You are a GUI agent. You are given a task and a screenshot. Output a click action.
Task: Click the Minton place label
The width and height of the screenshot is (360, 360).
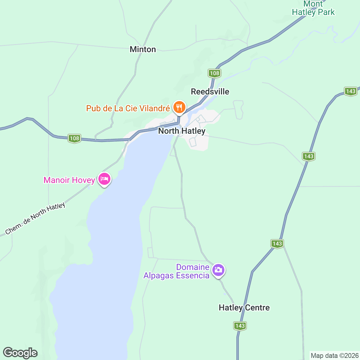coord(143,49)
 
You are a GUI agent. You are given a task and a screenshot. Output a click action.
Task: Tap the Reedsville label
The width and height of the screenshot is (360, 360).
coord(210,91)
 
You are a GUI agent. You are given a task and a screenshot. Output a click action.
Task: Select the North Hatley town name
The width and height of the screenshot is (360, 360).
coord(182,131)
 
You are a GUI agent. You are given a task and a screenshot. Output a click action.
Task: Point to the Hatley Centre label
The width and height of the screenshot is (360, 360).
coord(244,307)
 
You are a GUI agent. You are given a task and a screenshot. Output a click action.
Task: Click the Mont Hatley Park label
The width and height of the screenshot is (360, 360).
coord(313,8)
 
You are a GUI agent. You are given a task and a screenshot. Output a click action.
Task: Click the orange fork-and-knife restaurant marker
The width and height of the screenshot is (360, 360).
coord(179,107)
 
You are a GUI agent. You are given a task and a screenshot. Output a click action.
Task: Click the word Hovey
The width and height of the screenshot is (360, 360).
coord(83,180)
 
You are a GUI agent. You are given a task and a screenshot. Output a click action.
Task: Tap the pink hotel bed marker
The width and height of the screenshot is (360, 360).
coord(104,179)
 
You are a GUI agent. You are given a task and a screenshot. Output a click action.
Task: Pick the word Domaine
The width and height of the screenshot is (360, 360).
coord(193,267)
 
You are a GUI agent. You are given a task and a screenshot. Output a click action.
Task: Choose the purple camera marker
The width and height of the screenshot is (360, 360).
coord(218,270)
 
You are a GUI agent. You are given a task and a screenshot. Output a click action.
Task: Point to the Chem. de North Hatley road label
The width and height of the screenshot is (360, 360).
coord(35,219)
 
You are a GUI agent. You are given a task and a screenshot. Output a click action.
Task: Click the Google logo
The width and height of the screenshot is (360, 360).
coord(20,353)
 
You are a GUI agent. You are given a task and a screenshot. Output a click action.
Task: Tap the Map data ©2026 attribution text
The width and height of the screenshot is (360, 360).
coord(334,355)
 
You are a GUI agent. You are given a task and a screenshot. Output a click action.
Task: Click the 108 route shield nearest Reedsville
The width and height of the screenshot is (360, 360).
coord(214,73)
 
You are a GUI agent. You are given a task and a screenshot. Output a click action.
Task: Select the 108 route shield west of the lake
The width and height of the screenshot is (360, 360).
coord(74,138)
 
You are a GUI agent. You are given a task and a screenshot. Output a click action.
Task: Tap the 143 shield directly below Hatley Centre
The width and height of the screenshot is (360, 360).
coord(240,326)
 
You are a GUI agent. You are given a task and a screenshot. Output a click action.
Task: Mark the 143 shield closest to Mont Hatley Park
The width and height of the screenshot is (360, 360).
coord(350,91)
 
